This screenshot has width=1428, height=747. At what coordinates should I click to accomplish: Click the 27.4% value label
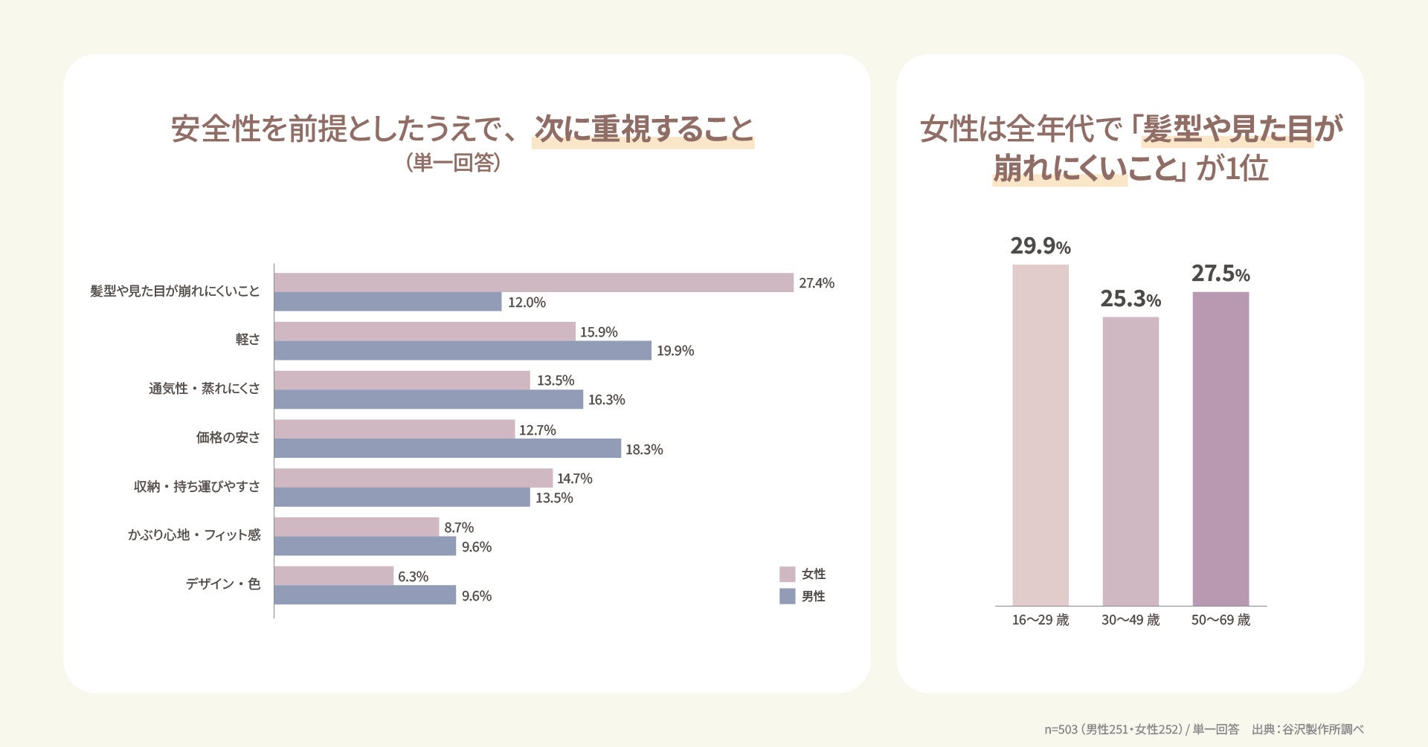tap(817, 283)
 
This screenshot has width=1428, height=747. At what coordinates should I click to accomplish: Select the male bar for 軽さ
tap(463, 351)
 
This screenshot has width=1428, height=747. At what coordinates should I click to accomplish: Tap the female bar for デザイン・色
tap(334, 576)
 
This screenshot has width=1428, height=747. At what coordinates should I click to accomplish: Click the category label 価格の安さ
tap(228, 438)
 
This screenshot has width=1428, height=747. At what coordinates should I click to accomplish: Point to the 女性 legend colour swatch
tap(788, 575)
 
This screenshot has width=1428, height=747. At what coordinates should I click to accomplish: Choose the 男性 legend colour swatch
tap(788, 596)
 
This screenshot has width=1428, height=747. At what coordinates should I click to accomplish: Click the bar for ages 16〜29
tap(1041, 435)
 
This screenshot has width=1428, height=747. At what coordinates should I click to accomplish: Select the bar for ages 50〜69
tap(1220, 449)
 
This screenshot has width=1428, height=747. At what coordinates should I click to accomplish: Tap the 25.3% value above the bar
tap(1130, 299)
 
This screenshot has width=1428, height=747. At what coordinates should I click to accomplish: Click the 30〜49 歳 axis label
tap(1130, 620)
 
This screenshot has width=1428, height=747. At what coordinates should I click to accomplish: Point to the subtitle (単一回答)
tap(453, 163)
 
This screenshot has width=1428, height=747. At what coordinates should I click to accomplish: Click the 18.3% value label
tap(644, 450)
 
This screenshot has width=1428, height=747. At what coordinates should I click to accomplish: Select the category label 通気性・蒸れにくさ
tap(205, 389)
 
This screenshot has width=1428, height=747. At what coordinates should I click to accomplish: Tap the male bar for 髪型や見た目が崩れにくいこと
tap(388, 302)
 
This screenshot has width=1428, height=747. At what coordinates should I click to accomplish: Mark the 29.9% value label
tap(1041, 246)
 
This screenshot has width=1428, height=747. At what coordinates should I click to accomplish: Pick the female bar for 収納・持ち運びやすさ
tap(414, 478)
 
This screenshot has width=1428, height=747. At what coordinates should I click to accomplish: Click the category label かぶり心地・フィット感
tap(194, 535)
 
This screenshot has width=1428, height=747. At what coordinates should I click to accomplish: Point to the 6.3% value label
tap(414, 577)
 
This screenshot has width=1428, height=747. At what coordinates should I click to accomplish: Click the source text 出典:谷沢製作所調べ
tap(1308, 729)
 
